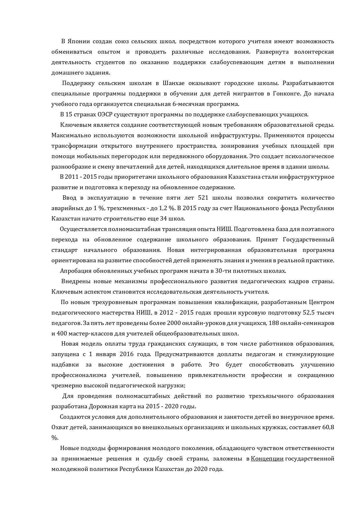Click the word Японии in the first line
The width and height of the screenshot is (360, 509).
click(78, 41)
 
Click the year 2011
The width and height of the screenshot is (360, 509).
click(72, 177)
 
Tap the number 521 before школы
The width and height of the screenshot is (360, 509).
click(203, 198)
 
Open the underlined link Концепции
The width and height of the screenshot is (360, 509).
click(267, 459)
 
